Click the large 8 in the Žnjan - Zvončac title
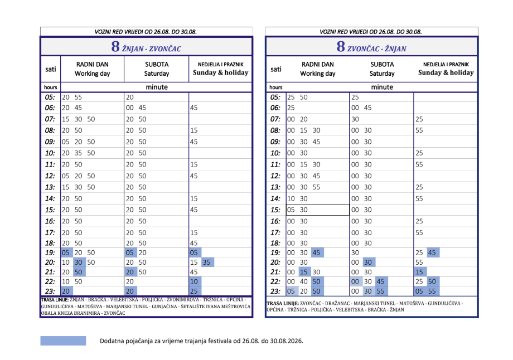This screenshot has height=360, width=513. click(x=115, y=46)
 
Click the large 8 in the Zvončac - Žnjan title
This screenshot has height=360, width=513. click(x=341, y=46)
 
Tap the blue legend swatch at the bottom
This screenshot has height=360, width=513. click(x=63, y=340)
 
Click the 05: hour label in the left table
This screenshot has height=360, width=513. click(x=50, y=97)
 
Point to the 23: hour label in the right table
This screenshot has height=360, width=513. click(x=275, y=291)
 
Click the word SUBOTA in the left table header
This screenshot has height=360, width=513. click(x=157, y=65)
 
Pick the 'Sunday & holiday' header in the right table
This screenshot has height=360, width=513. click(x=446, y=72)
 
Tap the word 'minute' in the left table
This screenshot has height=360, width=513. click(x=157, y=87)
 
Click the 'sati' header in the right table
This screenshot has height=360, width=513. click(x=276, y=69)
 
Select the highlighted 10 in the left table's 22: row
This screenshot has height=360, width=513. click(x=195, y=281)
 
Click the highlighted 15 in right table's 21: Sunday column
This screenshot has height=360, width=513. click(x=420, y=272)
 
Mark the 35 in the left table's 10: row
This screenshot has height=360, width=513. click(x=78, y=153)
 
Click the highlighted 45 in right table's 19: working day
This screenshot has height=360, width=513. click(x=317, y=252)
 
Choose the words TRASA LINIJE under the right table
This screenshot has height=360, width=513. click(x=282, y=303)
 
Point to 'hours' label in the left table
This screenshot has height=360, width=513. click(x=51, y=87)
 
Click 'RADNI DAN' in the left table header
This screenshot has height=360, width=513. click(x=92, y=65)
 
